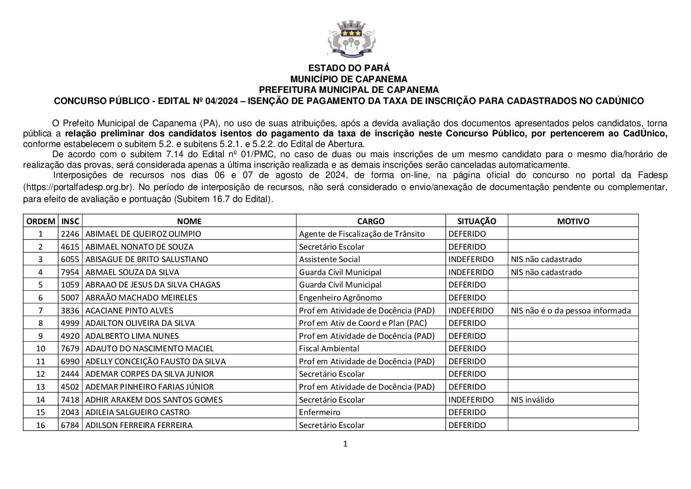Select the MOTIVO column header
(573, 221)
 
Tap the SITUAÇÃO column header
(476, 221)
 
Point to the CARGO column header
(370, 221)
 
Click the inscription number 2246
(70, 234)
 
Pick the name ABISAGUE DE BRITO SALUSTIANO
(147, 259)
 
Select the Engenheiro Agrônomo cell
(340, 298)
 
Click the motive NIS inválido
(532, 400)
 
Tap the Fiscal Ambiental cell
(329, 348)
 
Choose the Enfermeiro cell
(319, 412)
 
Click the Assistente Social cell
(329, 259)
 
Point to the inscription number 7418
(70, 400)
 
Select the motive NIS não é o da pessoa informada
(571, 311)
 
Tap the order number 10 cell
(41, 348)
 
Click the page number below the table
(345, 444)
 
